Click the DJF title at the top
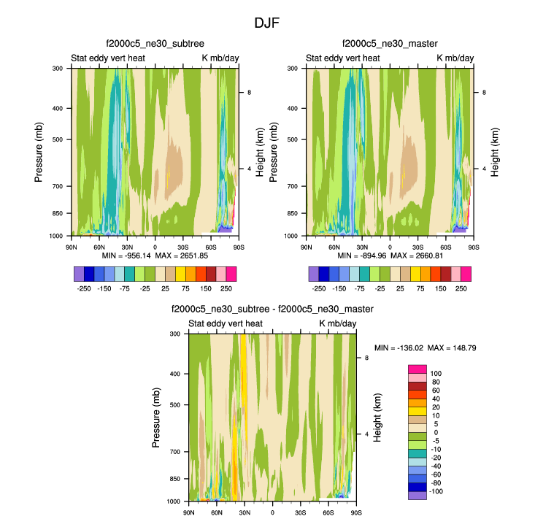point(266,23)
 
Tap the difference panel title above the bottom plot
point(272,310)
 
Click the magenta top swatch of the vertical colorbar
point(417,369)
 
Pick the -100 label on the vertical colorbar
point(436,491)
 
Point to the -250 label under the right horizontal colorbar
point(319,288)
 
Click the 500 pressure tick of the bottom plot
point(178,404)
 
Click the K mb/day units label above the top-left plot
point(220,58)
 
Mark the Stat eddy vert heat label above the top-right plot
point(342,58)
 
